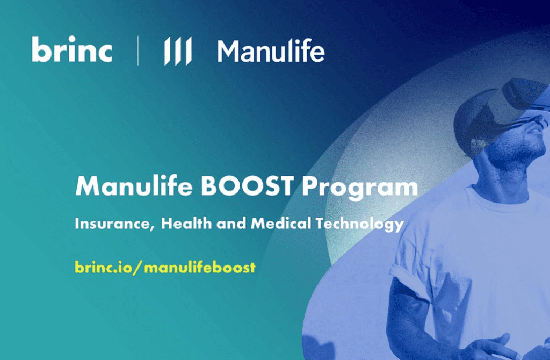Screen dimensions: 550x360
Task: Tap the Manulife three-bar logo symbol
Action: pyautogui.click(x=178, y=51)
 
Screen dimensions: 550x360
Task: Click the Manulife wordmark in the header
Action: pyautogui.click(x=271, y=51)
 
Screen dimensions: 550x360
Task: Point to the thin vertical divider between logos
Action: pyautogui.click(x=138, y=51)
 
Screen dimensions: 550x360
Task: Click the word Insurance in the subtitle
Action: pyautogui.click(x=114, y=224)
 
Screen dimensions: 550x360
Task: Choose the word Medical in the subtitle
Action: pyautogui.click(x=281, y=223)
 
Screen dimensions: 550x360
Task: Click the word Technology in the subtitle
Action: pyautogui.click(x=359, y=225)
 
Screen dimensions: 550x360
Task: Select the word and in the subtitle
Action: pyautogui.click(x=231, y=224)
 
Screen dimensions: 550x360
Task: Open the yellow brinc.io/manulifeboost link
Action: pyautogui.click(x=165, y=268)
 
